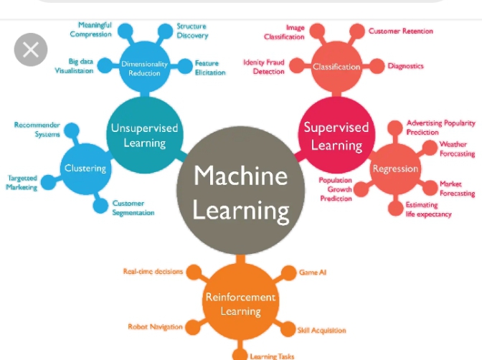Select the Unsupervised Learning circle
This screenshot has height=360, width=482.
point(144,135)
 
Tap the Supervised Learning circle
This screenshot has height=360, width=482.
point(336,136)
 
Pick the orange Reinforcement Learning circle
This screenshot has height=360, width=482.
point(241,304)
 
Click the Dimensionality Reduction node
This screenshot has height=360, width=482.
point(144,68)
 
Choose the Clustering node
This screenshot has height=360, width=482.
point(85,169)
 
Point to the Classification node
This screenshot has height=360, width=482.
point(336,67)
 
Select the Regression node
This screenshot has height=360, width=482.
point(394,169)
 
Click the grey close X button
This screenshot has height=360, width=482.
point(30,49)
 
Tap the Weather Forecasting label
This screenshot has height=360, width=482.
point(457,149)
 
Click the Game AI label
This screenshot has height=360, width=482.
point(313,273)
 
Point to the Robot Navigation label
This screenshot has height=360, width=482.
point(155,327)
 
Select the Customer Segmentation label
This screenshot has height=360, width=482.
point(133,208)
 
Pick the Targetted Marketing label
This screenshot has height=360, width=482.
point(22,182)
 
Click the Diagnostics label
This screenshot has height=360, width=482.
point(405,66)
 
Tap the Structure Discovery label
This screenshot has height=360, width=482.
point(192,31)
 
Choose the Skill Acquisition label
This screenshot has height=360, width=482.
point(321,331)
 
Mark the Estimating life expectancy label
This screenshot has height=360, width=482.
point(429,209)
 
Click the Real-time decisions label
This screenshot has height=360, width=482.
point(153,272)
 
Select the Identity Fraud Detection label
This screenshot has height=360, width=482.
point(263,67)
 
